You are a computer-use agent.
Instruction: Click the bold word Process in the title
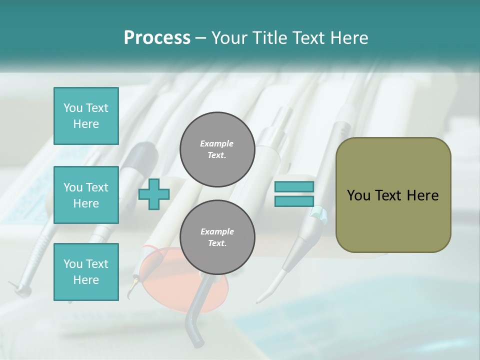click(157, 37)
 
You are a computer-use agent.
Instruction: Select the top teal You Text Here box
click(86, 116)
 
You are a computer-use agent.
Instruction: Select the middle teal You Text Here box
click(86, 195)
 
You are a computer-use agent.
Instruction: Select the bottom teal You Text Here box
click(86, 271)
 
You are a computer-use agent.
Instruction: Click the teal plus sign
click(154, 194)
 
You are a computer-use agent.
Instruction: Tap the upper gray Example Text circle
click(217, 149)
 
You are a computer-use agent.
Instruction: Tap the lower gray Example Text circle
click(217, 237)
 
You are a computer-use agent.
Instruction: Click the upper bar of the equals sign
click(294, 187)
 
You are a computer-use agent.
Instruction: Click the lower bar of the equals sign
click(294, 201)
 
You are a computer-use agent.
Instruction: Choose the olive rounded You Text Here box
click(393, 194)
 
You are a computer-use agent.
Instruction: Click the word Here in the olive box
click(422, 195)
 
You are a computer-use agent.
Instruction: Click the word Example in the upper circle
click(217, 143)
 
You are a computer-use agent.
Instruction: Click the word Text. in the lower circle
click(217, 243)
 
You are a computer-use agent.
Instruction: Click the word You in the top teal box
click(73, 108)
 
